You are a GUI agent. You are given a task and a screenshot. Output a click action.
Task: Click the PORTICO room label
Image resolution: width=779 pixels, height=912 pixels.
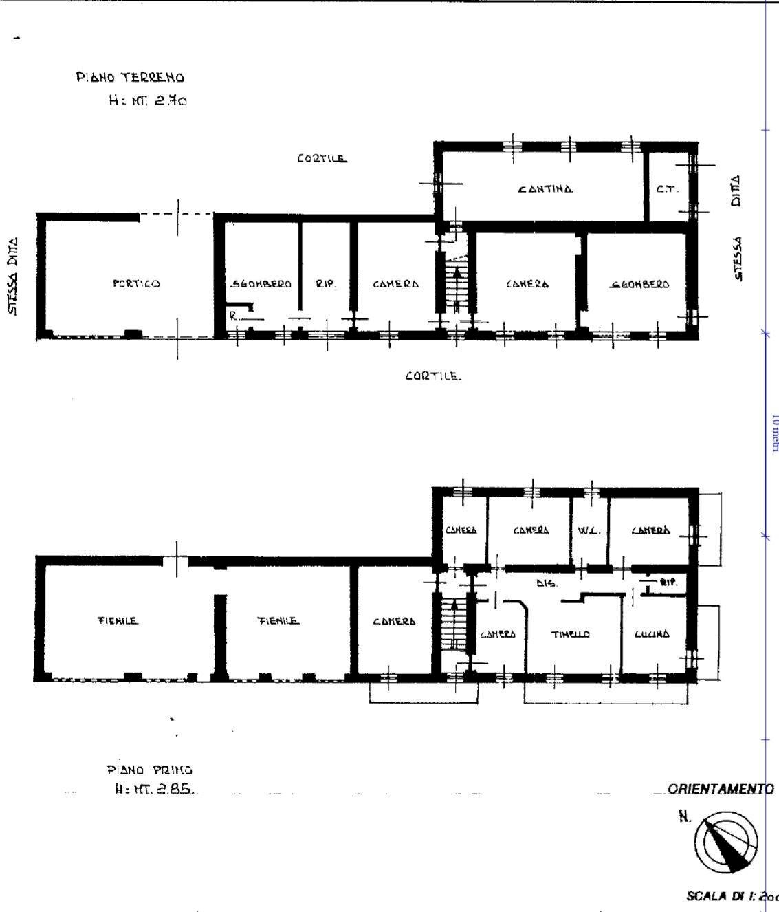(x=136, y=283)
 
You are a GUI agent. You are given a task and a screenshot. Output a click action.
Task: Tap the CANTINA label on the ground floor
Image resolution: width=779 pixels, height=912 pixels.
(x=545, y=189)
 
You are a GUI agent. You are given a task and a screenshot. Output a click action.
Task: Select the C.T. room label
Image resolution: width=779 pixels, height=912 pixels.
(x=667, y=190)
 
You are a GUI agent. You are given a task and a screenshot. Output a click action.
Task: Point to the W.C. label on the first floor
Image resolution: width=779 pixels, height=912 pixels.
(x=589, y=530)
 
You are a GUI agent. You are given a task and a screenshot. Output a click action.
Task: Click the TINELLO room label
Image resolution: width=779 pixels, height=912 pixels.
(x=570, y=634)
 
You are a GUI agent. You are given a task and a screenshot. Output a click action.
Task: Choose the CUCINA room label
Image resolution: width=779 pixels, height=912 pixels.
(x=651, y=634)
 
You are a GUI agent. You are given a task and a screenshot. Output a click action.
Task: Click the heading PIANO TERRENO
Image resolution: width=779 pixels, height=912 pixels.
(x=130, y=78)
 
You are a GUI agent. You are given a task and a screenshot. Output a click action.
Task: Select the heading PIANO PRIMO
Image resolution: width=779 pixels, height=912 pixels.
(x=149, y=770)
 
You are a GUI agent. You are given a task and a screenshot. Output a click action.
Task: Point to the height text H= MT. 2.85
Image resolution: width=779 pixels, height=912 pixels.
(x=154, y=790)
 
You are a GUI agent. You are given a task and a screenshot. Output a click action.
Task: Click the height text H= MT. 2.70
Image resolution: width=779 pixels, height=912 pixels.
(x=148, y=100)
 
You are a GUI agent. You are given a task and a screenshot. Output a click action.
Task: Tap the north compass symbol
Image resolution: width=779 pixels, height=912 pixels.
(x=725, y=843)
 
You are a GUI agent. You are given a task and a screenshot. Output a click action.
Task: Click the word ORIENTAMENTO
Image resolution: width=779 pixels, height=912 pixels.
(x=721, y=789)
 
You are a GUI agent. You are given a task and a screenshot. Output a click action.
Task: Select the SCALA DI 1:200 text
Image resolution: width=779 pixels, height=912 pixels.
(x=732, y=896)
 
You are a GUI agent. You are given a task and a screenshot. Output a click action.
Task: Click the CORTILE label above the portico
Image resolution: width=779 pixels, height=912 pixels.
(x=322, y=159)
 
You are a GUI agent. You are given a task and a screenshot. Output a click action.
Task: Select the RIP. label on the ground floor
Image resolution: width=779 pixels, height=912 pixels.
(x=326, y=284)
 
